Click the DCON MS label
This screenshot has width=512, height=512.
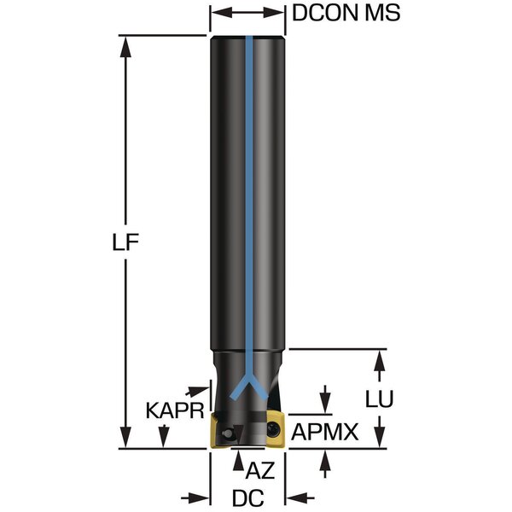346,14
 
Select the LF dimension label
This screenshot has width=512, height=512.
125,242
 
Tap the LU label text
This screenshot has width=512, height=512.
379,399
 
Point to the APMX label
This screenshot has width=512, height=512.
324,432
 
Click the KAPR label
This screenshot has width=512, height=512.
175,410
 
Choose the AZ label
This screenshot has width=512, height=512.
259,471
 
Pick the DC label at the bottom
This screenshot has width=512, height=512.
247,498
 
